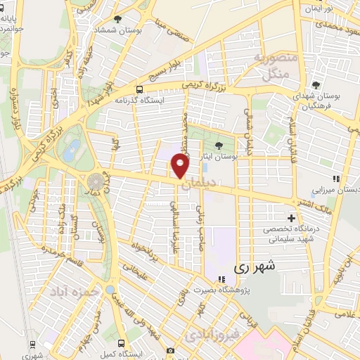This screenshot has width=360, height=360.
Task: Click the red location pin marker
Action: (181, 166)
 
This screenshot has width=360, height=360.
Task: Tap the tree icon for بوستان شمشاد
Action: (117, 20)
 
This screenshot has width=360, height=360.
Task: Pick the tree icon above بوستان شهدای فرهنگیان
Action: (323, 80)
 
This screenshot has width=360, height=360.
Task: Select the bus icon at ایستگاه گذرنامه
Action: (139, 90)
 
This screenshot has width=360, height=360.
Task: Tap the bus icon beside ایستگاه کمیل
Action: (122, 344)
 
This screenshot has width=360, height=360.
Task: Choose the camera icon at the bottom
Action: (170, 350)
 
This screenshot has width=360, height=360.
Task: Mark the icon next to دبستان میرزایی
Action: (336, 179)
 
